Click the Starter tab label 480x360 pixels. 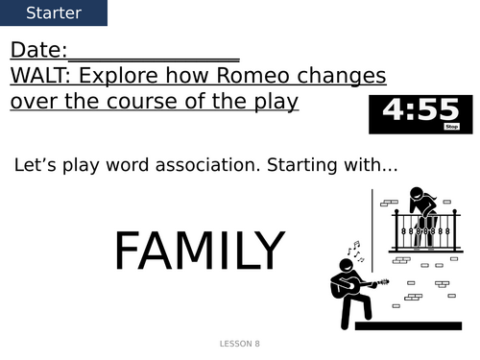point(54,13)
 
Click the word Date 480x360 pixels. point(36,52)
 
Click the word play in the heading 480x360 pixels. point(271,101)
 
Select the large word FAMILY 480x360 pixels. point(199,252)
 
